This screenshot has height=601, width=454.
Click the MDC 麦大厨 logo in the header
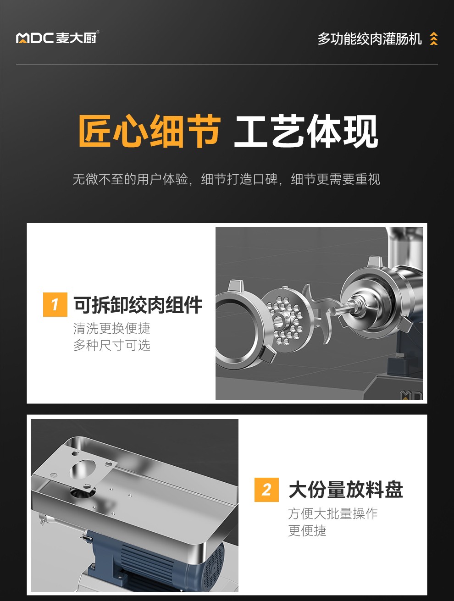click(x=57, y=38)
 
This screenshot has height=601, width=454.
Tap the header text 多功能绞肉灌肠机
click(x=369, y=39)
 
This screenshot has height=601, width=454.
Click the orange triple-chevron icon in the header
click(x=434, y=39)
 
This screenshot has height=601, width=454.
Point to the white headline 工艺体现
click(x=306, y=132)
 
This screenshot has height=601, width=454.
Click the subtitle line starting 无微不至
click(x=227, y=179)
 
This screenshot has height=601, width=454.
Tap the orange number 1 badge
click(x=55, y=304)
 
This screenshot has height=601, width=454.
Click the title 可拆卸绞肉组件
click(x=138, y=305)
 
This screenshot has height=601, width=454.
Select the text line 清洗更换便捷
click(x=112, y=328)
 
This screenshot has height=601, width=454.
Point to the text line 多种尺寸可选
click(x=112, y=345)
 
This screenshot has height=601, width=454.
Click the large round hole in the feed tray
click(x=81, y=469)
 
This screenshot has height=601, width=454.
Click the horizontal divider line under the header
click(x=227, y=65)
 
